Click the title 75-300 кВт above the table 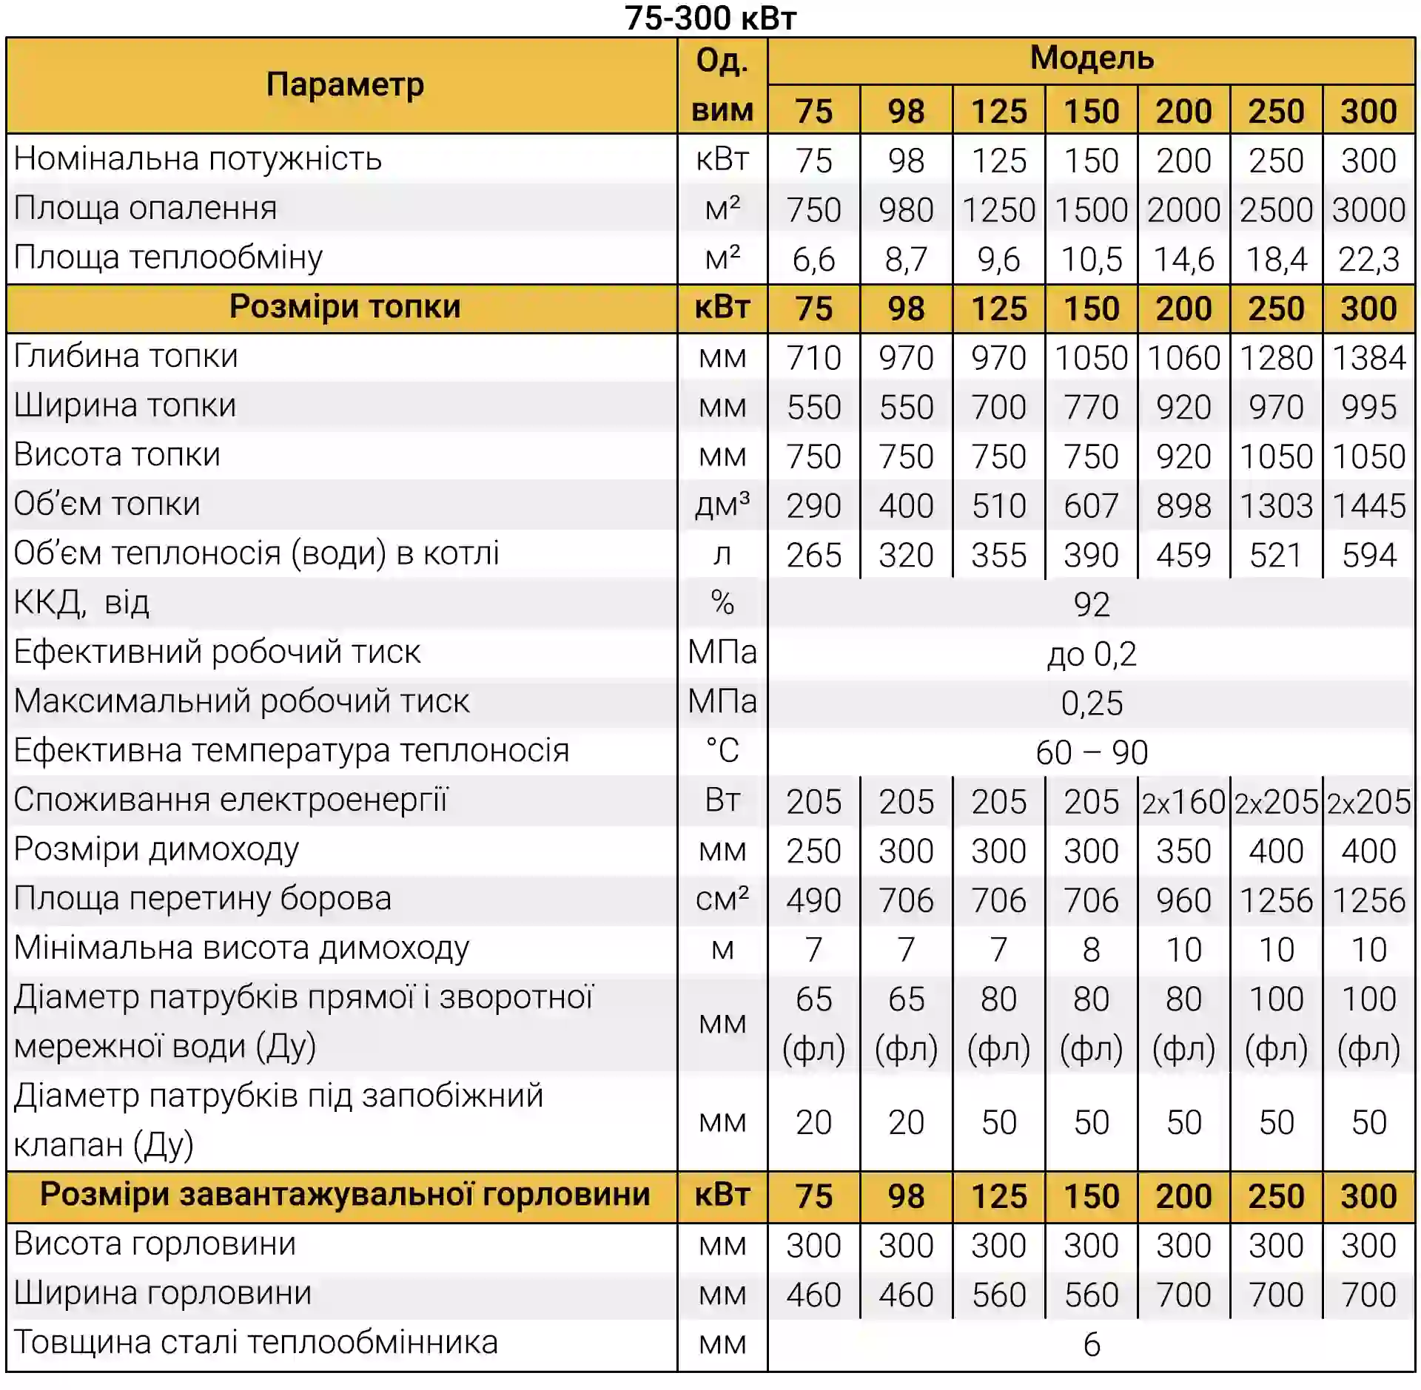pyautogui.click(x=710, y=18)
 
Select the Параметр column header pyautogui.click(x=345, y=85)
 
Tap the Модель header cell pyautogui.click(x=1091, y=58)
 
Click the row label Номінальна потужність pyautogui.click(x=198, y=159)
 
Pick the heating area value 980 pyautogui.click(x=906, y=210)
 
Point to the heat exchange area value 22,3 pyautogui.click(x=1368, y=260)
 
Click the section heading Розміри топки pyautogui.click(x=345, y=307)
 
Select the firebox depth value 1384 pyautogui.click(x=1368, y=358)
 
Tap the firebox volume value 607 pyautogui.click(x=1091, y=506)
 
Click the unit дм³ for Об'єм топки pyautogui.click(x=722, y=505)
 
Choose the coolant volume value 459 pyautogui.click(x=1183, y=556)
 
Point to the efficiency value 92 pyautogui.click(x=1091, y=605)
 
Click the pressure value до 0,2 pyautogui.click(x=1091, y=655)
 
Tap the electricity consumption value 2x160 pyautogui.click(x=1183, y=802)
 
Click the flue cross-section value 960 pyautogui.click(x=1183, y=900)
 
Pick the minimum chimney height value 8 pyautogui.click(x=1091, y=950)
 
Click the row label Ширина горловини pyautogui.click(x=163, y=1294)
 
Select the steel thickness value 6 pyautogui.click(x=1091, y=1345)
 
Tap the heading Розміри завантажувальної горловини pyautogui.click(x=345, y=1195)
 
